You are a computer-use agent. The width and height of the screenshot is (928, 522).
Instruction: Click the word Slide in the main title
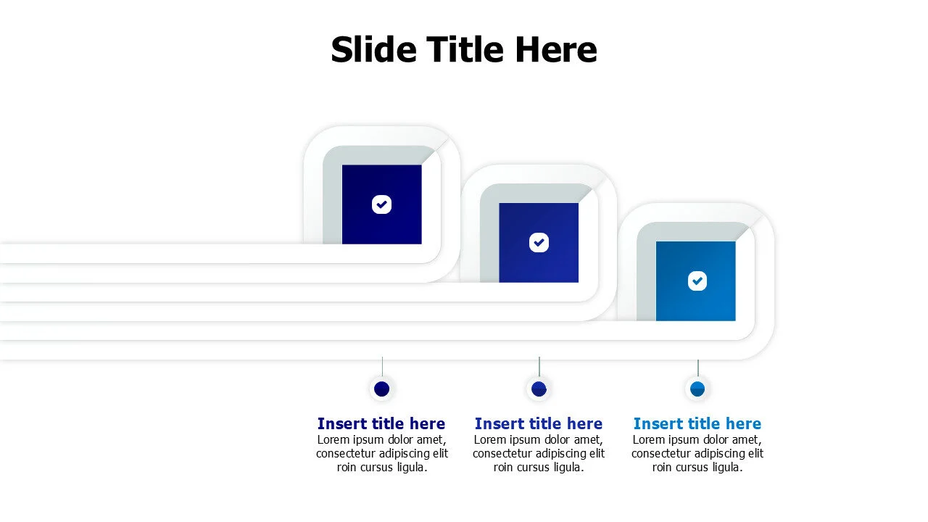[373, 50]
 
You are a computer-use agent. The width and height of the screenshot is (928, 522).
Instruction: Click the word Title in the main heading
[465, 50]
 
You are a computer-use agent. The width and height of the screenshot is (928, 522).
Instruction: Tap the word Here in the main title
[556, 50]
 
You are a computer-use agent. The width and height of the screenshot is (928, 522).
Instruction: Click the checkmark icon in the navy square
[381, 204]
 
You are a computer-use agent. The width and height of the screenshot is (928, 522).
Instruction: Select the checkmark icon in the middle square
[539, 242]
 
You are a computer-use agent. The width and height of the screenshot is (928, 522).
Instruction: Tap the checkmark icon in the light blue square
[697, 281]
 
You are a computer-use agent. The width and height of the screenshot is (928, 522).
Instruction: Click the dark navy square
[382, 204]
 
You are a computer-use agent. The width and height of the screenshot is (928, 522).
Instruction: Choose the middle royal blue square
[539, 242]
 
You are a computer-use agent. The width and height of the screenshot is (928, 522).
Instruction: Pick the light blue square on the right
[695, 281]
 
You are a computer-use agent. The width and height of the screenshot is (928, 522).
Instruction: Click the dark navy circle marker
[381, 389]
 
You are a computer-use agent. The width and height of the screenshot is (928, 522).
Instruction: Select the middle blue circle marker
[539, 389]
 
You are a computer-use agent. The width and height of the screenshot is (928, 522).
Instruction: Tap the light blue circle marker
[697, 389]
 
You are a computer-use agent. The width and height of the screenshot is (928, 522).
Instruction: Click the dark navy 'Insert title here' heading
[381, 423]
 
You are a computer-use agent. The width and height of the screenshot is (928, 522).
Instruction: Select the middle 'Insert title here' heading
[539, 423]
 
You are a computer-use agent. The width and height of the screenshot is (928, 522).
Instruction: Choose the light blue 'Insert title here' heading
[697, 423]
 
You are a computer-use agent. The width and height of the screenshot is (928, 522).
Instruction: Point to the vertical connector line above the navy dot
[382, 367]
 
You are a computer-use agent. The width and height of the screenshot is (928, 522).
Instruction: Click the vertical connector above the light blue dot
[698, 368]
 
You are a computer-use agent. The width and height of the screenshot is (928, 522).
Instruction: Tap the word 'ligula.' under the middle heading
[564, 468]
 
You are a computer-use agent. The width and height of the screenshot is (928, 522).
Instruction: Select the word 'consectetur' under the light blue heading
[665, 454]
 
